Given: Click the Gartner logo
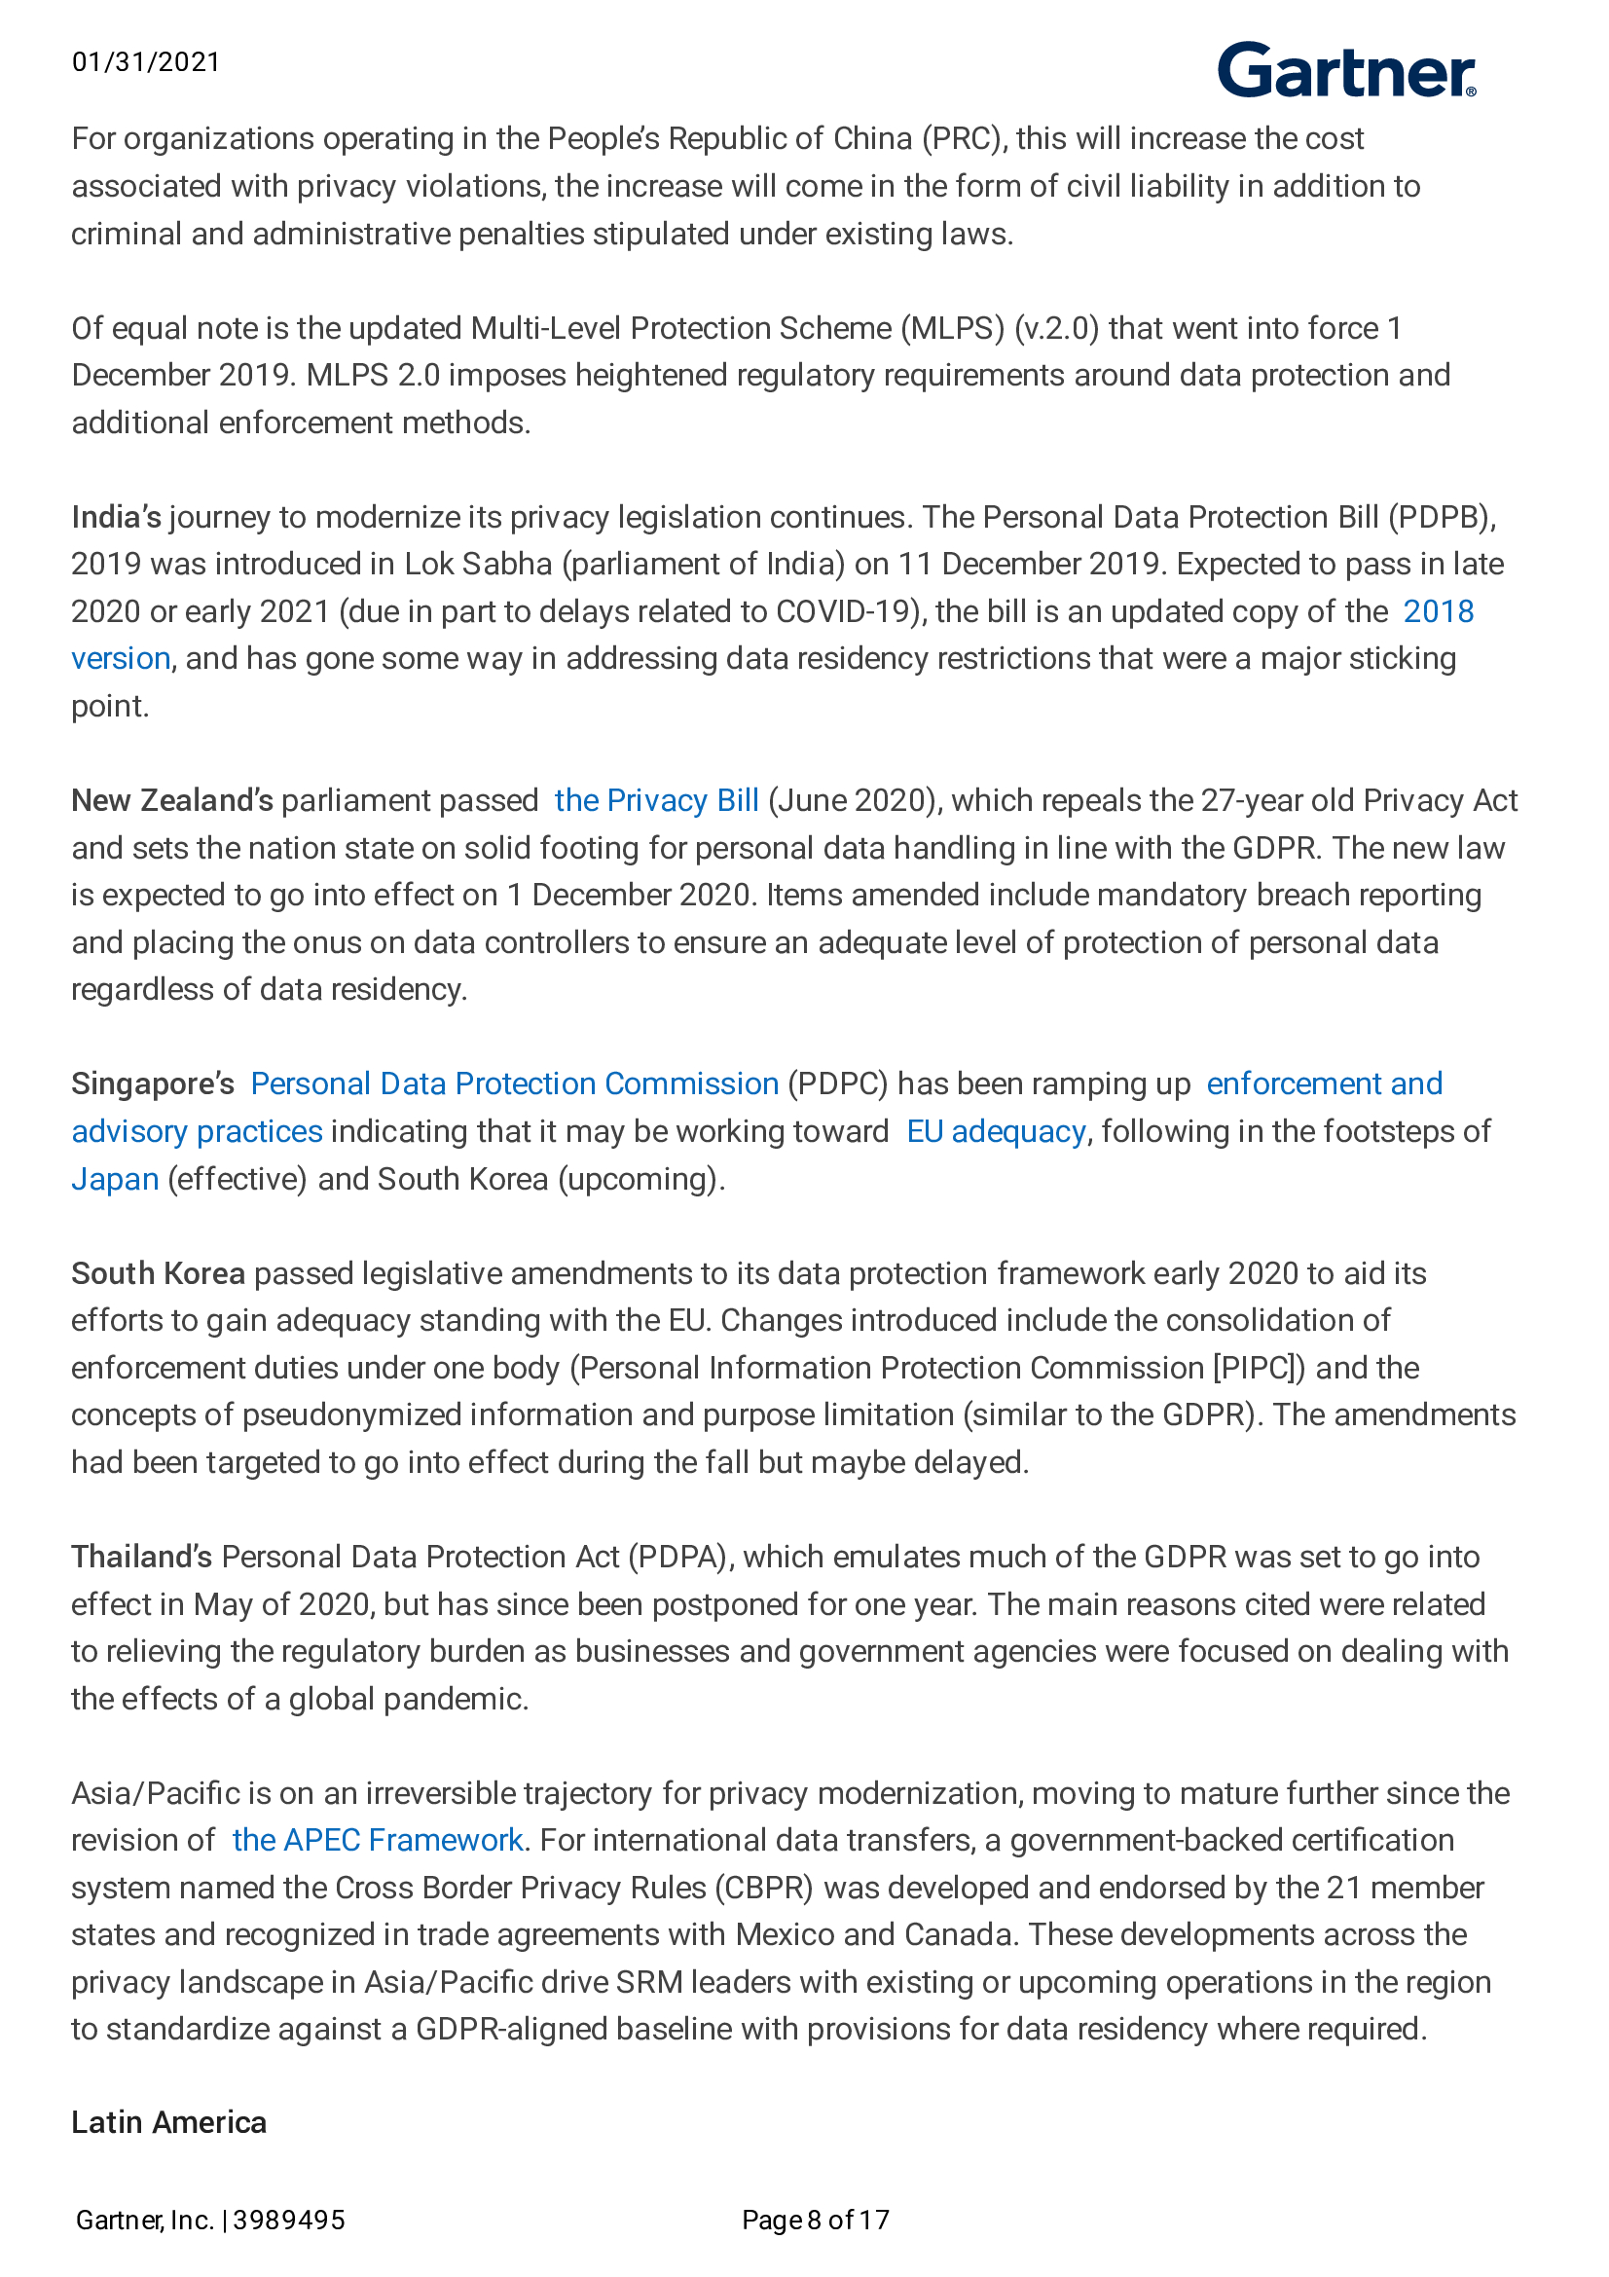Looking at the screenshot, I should (x=1345, y=70).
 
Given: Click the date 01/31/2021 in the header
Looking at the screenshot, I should (x=146, y=62).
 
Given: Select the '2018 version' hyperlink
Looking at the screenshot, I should (x=1438, y=611).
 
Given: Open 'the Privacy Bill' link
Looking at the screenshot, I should (x=656, y=800).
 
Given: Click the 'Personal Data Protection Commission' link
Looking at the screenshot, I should (x=515, y=1083).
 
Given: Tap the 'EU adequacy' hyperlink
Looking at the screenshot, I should (x=996, y=1131).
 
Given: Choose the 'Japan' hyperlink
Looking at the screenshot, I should (x=115, y=1179).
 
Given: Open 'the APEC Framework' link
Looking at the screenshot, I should (x=377, y=1841).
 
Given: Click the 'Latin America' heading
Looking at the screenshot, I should (x=168, y=2122).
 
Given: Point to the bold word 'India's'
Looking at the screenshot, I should (x=116, y=517).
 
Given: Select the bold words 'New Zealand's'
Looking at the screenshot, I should (x=171, y=800).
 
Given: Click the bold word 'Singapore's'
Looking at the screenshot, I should (x=153, y=1083).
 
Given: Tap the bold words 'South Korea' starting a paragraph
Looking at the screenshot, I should (x=158, y=1273).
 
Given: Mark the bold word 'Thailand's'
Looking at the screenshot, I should (x=142, y=1557).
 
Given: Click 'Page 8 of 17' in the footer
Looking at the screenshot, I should (x=815, y=2220).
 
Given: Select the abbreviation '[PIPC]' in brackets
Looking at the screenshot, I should (x=1258, y=1368).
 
